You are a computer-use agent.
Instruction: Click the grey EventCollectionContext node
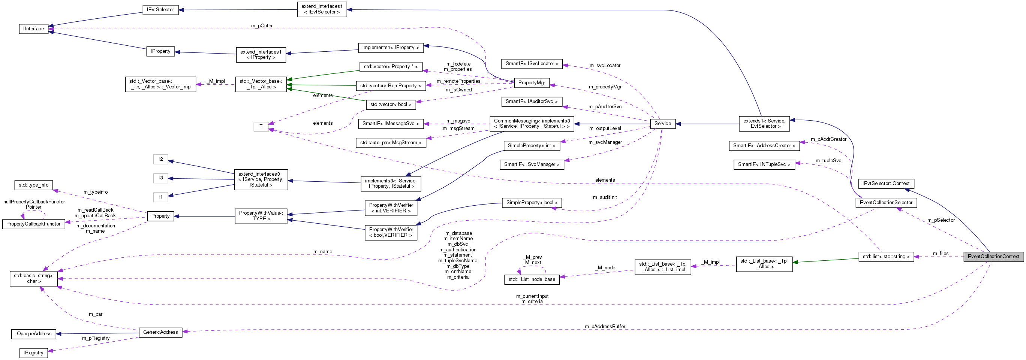pos(993,257)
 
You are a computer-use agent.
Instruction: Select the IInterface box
pos(33,29)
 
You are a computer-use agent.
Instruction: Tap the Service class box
pos(662,124)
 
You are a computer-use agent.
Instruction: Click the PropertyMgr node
pos(531,83)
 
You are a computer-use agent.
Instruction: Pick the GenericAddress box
pos(160,332)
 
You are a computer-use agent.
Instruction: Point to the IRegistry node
pos(33,353)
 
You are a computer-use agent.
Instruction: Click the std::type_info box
pos(33,185)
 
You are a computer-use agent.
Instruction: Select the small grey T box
pos(261,127)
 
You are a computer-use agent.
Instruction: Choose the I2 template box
pos(160,159)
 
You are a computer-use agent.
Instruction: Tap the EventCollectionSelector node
pos(886,203)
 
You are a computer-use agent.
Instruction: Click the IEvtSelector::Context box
pos(886,184)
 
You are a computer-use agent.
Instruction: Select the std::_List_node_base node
pos(532,279)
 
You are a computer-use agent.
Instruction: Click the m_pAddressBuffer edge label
pos(605,327)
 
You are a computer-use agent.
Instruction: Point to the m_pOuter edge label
pos(262,26)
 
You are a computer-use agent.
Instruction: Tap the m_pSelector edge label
pos(941,220)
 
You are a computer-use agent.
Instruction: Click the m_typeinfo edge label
pos(96,192)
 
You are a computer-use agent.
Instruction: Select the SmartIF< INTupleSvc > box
pos(764,164)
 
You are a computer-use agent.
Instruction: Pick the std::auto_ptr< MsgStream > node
pos(391,143)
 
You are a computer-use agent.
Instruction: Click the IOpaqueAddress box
pos(33,334)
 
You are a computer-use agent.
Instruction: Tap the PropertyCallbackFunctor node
pos(33,224)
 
